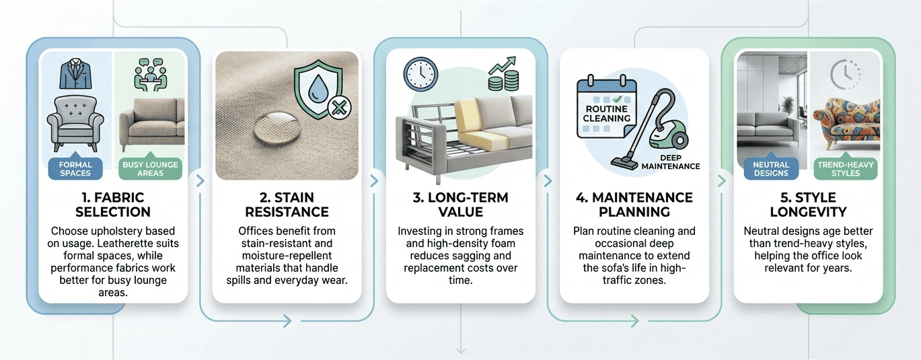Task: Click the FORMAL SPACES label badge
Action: pyautogui.click(x=75, y=168)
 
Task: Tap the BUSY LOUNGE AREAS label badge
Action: pyautogui.click(x=150, y=168)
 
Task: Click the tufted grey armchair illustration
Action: pyautogui.click(x=75, y=124)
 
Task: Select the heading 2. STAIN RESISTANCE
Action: pyautogui.click(x=287, y=205)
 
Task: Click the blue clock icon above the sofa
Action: pyautogui.click(x=420, y=74)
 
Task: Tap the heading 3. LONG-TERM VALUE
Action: pyautogui.click(x=461, y=205)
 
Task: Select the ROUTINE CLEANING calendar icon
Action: pyautogui.click(x=607, y=109)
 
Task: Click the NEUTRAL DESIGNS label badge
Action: pyautogui.click(x=770, y=168)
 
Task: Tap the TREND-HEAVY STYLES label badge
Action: pyautogui.click(x=845, y=168)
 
